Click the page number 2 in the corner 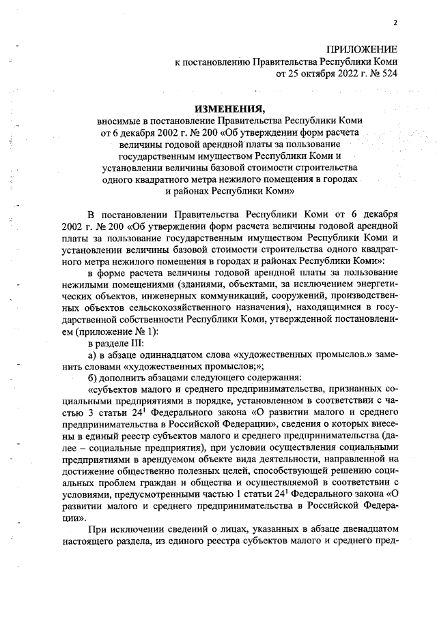point(395,23)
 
